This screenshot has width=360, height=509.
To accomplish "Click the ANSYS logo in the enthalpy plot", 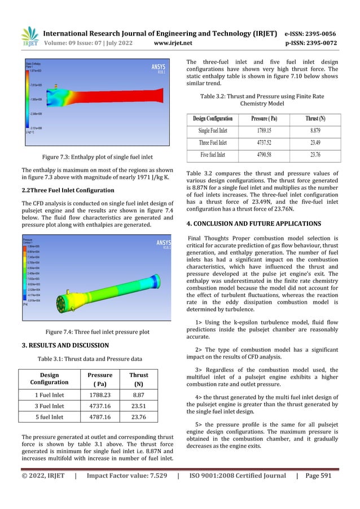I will tap(155, 68).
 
